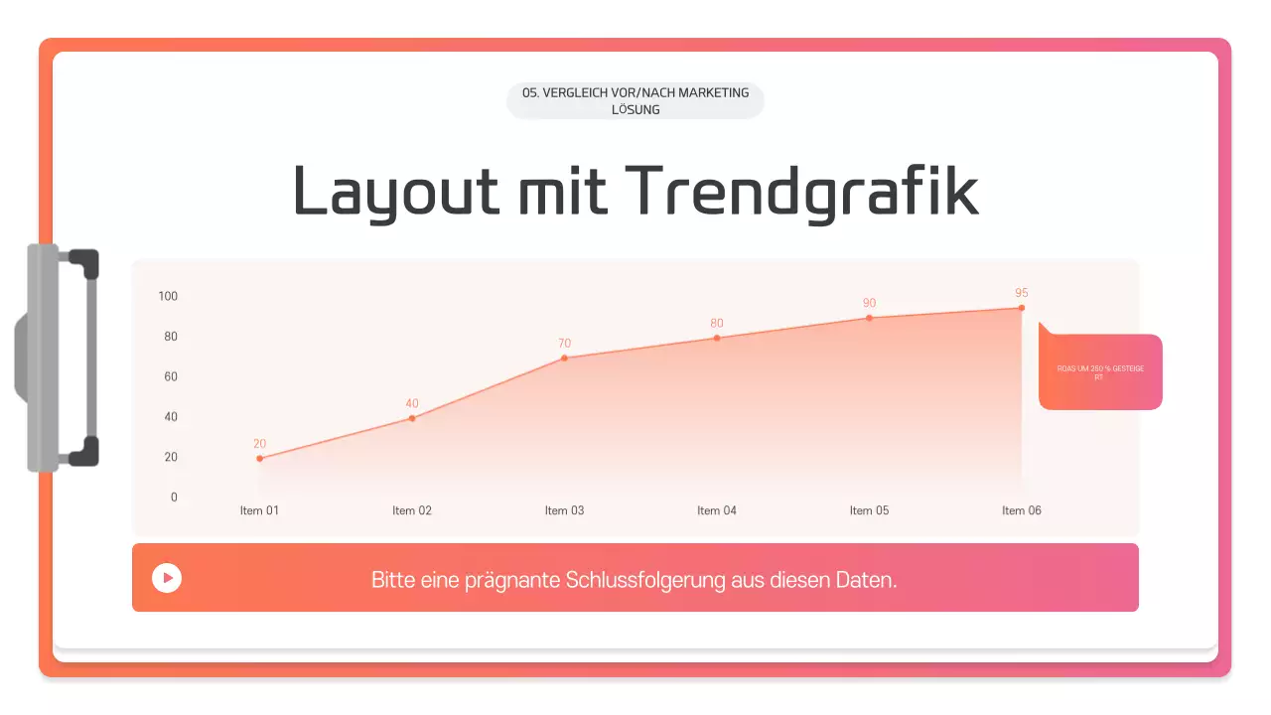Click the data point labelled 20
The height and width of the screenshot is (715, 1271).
(x=260, y=458)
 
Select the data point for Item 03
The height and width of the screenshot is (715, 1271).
(x=564, y=357)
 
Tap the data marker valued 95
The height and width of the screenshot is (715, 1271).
(x=1021, y=308)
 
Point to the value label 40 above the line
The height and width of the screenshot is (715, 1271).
(x=412, y=403)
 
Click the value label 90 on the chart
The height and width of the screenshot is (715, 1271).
(x=869, y=303)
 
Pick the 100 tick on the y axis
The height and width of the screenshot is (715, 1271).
(x=168, y=296)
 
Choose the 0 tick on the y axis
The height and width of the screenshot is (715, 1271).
(x=174, y=498)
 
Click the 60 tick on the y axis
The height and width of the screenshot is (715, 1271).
(x=171, y=376)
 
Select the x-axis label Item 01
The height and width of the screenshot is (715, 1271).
(x=260, y=510)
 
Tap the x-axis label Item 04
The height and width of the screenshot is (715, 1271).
(x=717, y=510)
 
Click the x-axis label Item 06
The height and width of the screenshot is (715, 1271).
(x=1021, y=510)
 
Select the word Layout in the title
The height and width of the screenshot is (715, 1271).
(x=395, y=191)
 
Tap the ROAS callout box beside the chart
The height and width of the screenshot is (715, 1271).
(x=1100, y=372)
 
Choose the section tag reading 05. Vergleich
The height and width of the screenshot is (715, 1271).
(x=635, y=100)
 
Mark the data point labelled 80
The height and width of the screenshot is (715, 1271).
(x=717, y=338)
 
